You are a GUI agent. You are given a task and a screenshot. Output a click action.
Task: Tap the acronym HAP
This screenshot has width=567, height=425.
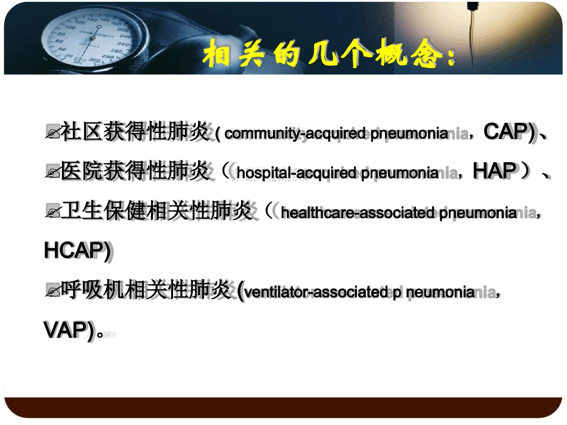click(494, 172)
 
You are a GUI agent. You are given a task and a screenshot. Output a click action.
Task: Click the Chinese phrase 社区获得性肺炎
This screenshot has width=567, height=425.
click(135, 132)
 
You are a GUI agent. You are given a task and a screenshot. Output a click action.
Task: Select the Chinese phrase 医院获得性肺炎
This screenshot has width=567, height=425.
click(135, 172)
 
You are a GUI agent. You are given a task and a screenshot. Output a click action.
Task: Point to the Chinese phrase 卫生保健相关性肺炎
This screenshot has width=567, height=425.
click(157, 211)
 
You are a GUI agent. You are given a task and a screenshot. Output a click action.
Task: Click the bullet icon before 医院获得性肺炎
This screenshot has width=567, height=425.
click(53, 173)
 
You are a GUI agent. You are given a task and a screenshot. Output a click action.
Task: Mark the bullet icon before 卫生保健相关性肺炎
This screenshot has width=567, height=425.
click(53, 213)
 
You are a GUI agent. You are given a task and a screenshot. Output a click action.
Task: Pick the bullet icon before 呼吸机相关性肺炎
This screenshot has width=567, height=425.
click(53, 293)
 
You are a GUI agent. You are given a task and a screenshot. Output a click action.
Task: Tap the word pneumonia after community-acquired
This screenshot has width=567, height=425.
click(409, 134)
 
